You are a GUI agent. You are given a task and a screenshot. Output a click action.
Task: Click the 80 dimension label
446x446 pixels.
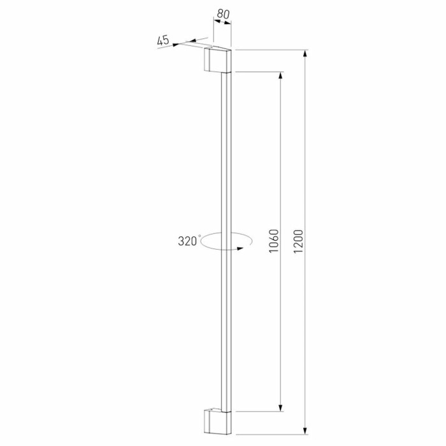222,13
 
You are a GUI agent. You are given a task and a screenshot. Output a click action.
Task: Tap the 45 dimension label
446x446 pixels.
163,40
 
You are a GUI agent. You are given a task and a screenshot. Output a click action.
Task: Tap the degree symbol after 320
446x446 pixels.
199,236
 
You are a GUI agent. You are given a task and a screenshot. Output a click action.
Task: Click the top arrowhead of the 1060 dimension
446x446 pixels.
280,76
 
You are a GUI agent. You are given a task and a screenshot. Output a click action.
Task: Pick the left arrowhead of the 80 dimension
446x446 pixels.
215,22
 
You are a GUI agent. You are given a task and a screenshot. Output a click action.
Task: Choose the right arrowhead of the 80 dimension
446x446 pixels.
229,22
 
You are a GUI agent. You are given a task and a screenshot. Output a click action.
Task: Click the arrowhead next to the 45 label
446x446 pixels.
176,43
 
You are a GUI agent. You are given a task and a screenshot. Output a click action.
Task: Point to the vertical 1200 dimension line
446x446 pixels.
305,159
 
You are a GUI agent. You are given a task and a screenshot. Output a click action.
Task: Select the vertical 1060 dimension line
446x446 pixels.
280,159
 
